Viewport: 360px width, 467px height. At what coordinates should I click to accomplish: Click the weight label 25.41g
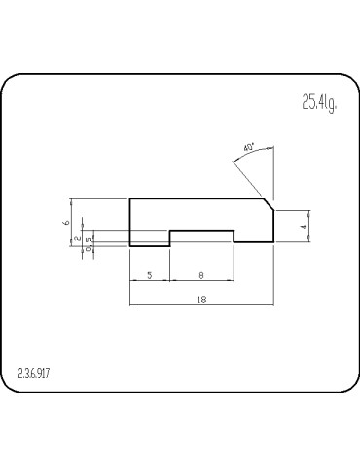point(318,104)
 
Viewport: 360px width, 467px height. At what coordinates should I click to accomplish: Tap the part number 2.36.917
point(35,375)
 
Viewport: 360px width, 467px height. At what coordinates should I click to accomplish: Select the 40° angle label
point(249,147)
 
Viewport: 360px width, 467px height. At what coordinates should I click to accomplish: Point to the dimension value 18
point(200,299)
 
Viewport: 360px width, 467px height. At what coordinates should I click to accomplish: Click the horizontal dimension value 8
point(200,275)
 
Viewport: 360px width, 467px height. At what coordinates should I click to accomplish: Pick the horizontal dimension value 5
point(150,275)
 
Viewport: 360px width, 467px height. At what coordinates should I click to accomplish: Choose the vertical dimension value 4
point(305,226)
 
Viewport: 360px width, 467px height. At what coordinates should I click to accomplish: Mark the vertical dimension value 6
point(66,222)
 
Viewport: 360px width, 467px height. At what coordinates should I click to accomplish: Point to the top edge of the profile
point(195,198)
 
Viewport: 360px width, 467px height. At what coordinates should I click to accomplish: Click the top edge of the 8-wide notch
point(202,231)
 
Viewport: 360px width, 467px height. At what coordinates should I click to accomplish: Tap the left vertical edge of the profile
point(130,222)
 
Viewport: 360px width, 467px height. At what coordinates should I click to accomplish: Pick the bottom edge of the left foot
point(150,245)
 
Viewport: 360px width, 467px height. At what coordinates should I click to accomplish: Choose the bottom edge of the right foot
point(253,245)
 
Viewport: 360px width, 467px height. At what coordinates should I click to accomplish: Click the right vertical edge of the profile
point(273,227)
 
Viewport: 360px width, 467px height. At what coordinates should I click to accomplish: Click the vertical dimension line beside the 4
point(310,227)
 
